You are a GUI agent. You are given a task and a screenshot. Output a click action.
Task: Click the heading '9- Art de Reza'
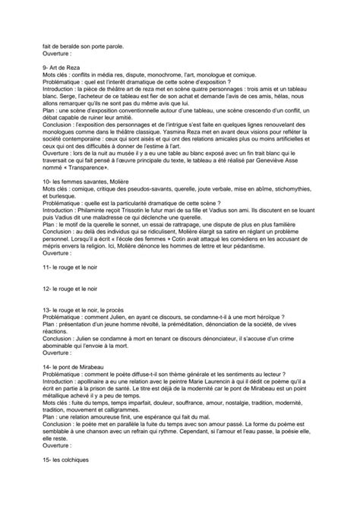point(63,69)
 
